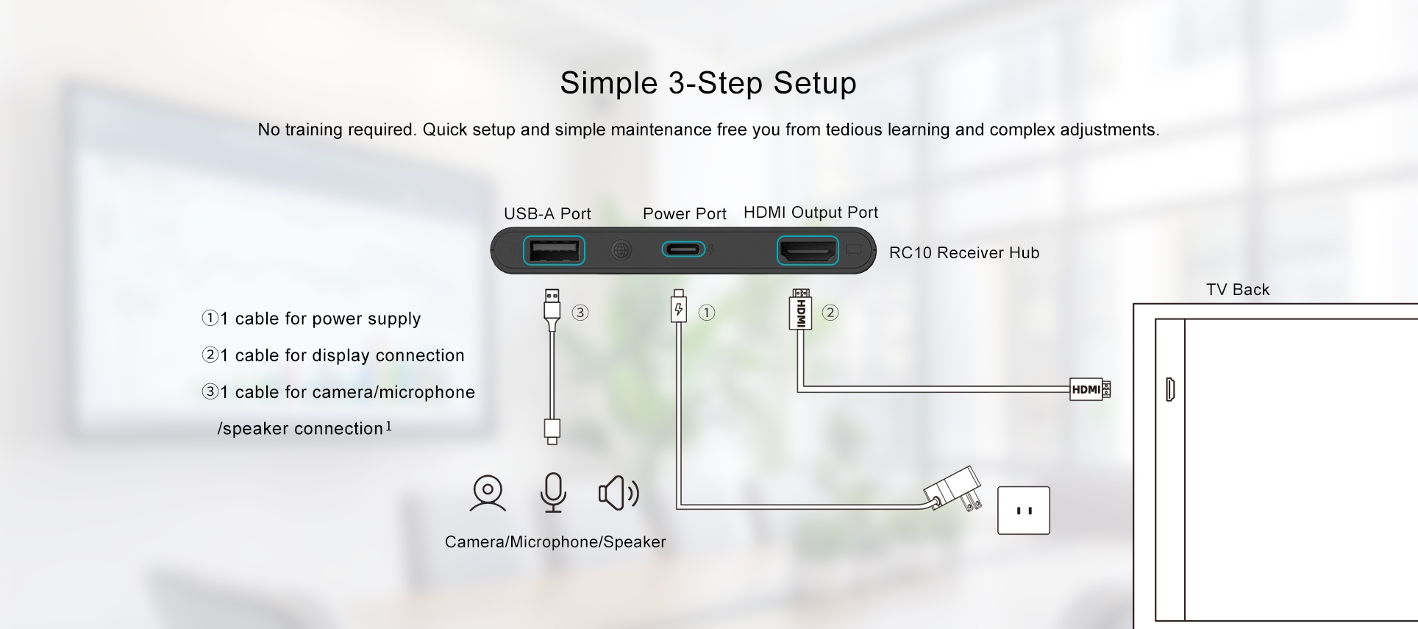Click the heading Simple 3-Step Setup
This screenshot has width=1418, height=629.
pyautogui.click(x=708, y=83)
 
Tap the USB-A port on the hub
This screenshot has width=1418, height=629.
pyautogui.click(x=553, y=251)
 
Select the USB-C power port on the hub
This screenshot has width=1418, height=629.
pyautogui.click(x=683, y=250)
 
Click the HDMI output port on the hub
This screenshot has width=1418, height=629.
pyautogui.click(x=808, y=251)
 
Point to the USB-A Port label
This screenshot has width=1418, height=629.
pyautogui.click(x=547, y=214)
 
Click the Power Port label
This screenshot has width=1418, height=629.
pyautogui.click(x=684, y=214)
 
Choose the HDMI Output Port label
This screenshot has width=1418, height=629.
pyautogui.click(x=810, y=213)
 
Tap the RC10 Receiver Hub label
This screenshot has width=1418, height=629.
pyautogui.click(x=963, y=253)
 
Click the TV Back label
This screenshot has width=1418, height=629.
pyautogui.click(x=1237, y=290)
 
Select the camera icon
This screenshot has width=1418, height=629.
pyautogui.click(x=488, y=493)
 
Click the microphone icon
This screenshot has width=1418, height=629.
pyautogui.click(x=553, y=492)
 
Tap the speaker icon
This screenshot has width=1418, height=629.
pyautogui.click(x=618, y=493)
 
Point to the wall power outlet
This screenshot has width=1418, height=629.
pyautogui.click(x=1023, y=510)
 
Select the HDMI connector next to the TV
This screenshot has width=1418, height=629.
pyautogui.click(x=1089, y=389)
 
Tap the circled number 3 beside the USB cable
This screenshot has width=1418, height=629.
pyautogui.click(x=580, y=313)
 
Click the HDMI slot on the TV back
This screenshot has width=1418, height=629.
pyautogui.click(x=1170, y=389)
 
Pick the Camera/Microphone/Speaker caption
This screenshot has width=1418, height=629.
pyautogui.click(x=555, y=542)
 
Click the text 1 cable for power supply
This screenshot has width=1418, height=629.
pyautogui.click(x=320, y=319)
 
